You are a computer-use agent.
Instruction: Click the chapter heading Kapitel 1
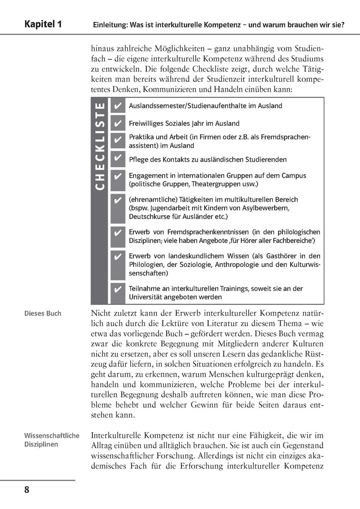[43, 24]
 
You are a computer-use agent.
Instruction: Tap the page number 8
[27, 490]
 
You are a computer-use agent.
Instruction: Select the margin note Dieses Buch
[43, 313]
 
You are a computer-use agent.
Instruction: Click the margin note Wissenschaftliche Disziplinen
[51, 440]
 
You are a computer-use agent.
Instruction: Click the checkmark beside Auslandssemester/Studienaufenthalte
[117, 106]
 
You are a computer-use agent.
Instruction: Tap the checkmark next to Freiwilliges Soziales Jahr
[117, 123]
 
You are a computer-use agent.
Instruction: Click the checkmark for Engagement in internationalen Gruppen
[117, 177]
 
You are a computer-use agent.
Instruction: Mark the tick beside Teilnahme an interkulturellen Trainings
[117, 290]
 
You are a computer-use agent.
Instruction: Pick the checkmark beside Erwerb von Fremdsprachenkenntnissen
[117, 233]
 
